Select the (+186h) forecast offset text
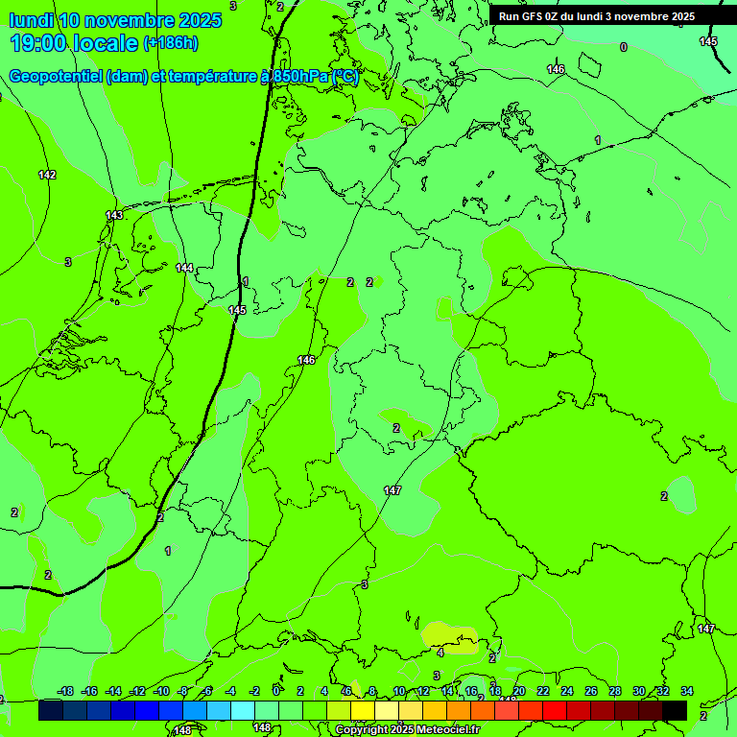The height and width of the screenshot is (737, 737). click(171, 43)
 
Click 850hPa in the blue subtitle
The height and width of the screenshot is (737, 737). click(300, 78)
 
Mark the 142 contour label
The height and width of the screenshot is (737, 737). click(47, 175)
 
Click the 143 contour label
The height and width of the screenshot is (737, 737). click(114, 216)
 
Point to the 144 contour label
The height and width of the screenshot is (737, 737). click(184, 268)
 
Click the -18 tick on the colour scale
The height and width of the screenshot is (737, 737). click(65, 691)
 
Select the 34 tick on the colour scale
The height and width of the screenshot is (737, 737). click(687, 691)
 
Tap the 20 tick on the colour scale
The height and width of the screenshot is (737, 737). click(519, 691)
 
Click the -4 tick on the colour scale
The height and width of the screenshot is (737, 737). click(231, 691)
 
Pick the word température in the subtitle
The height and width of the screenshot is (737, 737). click(217, 78)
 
